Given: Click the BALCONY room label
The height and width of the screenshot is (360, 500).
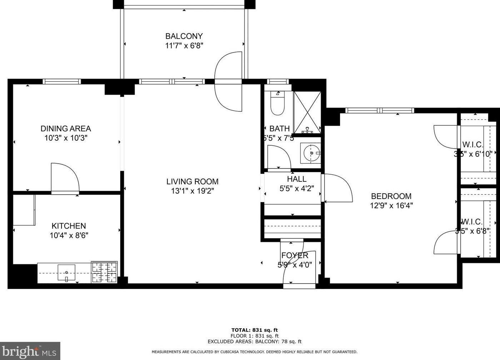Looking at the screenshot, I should pos(184,36).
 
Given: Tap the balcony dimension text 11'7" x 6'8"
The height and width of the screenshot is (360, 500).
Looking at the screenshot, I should pos(184,46).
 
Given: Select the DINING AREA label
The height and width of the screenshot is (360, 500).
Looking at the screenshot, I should pos(66,129).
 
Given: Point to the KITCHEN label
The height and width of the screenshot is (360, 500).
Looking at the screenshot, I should pos(69,226).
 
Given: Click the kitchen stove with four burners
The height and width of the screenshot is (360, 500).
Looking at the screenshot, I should pos(104,272).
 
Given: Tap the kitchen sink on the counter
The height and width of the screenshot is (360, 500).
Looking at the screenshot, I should pos(66,273).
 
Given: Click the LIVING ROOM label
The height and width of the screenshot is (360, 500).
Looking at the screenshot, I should pos(192,181).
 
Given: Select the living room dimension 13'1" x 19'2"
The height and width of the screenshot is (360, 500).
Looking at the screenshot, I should pos(192,191).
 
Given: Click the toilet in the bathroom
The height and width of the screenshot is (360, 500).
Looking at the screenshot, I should pos(277,103).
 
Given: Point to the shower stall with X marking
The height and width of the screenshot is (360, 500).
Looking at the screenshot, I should pos(307,111).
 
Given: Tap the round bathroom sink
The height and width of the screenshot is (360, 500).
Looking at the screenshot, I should pos(311,153).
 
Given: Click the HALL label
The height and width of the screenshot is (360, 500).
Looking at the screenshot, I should pos(296,179).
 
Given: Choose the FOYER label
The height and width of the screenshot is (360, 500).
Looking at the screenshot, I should pos(295,255).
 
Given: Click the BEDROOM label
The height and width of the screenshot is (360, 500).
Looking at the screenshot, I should pos(391,196).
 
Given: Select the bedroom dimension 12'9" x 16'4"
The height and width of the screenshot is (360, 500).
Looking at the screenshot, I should pos(391,206).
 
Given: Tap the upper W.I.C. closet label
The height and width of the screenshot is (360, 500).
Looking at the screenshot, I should pos(472,145).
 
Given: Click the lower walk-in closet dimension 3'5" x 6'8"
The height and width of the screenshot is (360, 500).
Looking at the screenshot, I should pos(472,231).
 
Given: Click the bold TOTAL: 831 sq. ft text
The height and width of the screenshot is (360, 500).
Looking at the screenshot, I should pos(254,330).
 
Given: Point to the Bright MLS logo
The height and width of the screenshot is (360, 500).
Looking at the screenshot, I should pos(30,351).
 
